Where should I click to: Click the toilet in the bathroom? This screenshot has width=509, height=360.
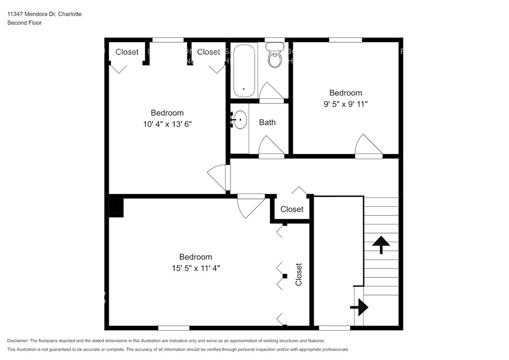pos(274,55)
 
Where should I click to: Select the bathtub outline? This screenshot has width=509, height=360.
pos(244,71)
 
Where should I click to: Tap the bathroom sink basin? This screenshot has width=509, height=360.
pos(240,120)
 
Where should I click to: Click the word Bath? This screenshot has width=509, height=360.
pos(267,122)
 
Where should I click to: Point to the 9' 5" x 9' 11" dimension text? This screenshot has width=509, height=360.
pos(346,104)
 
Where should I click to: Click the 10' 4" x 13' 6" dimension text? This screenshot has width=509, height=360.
pos(168,124)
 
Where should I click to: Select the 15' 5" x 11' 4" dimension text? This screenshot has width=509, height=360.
pos(196,268)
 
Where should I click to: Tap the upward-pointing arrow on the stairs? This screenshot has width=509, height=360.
pos(381,245)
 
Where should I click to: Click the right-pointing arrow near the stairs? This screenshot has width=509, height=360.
pos(359,307)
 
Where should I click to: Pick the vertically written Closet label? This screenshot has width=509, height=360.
pos(299,274)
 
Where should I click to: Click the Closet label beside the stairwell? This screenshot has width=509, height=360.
pos(292,209)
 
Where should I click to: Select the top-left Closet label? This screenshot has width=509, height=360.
pos(127,52)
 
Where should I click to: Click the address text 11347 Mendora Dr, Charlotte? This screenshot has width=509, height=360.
pos(44,14)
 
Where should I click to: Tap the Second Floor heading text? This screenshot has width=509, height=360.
pos(24,23)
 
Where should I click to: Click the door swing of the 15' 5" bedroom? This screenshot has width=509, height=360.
pos(251,206)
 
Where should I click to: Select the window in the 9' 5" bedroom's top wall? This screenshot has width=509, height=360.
pos(345,40)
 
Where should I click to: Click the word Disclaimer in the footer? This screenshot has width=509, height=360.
pos(17,341)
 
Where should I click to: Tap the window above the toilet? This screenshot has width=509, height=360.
pos(274,40)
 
